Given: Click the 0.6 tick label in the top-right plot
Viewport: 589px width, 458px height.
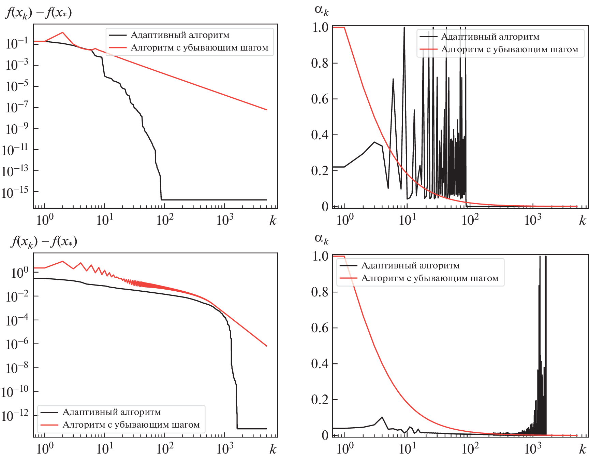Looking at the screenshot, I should coord(320,99).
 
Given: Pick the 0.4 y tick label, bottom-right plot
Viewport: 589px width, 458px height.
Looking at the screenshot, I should coord(320,364).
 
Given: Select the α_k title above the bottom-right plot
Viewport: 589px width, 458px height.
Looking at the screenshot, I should coord(321,238).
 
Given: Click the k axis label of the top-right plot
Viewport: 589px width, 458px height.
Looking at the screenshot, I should coord(583,221).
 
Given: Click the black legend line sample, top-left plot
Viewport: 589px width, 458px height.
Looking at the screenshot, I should coord(118,35).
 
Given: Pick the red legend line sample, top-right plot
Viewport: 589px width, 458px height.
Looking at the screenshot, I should coord(428,50).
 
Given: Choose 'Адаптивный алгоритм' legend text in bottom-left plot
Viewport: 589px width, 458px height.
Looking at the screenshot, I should coord(112,412).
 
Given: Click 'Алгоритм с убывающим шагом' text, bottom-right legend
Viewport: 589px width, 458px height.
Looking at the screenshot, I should coord(430,278).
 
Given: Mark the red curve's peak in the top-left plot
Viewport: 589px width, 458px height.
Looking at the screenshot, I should coord(62,32).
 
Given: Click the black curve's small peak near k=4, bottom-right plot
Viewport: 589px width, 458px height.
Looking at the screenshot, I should coord(382,417).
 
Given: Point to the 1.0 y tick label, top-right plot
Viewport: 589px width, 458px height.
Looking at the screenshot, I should coord(320,27).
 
